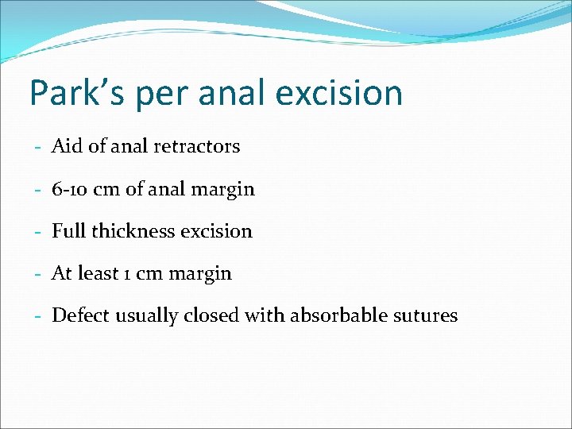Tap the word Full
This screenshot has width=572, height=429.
pyautogui.click(x=68, y=231)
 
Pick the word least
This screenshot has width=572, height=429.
pyautogui.click(x=97, y=273)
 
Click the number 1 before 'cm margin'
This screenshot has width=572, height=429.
pyautogui.click(x=126, y=274)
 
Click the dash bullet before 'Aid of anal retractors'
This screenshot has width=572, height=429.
pyautogui.click(x=38, y=147)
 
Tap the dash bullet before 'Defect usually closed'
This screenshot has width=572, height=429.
pyautogui.click(x=38, y=316)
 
